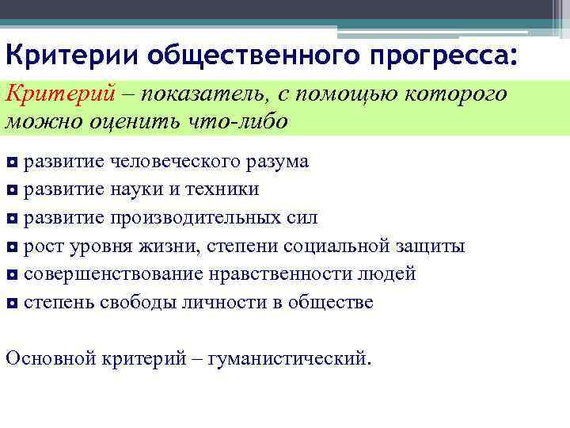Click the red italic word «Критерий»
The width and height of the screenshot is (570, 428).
click(x=52, y=95)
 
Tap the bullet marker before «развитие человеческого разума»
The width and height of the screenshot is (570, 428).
click(x=12, y=163)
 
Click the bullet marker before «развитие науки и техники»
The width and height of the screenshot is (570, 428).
click(x=12, y=191)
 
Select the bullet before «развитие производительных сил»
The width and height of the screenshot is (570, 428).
click(x=12, y=219)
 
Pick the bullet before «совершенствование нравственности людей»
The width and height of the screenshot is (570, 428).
click(x=12, y=275)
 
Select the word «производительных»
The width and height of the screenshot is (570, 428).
click(x=198, y=218)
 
